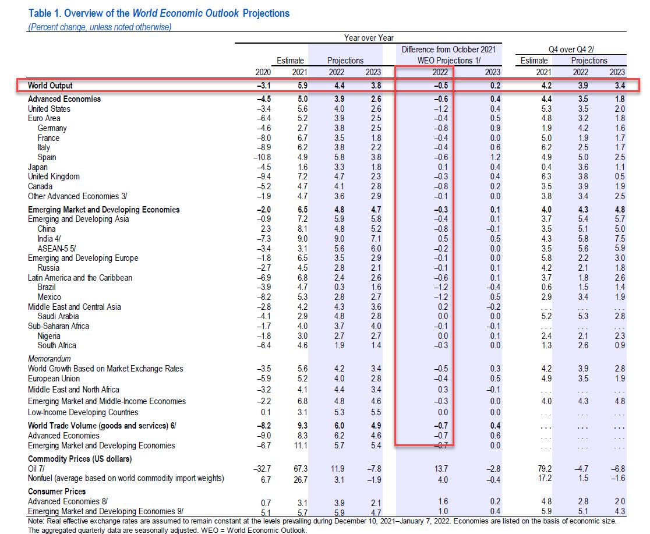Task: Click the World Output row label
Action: click(51, 86)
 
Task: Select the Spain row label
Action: click(47, 157)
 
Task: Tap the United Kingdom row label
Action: click(54, 176)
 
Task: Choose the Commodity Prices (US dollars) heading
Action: click(80, 459)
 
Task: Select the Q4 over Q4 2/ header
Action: click(573, 49)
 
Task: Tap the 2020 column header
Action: click(264, 72)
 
